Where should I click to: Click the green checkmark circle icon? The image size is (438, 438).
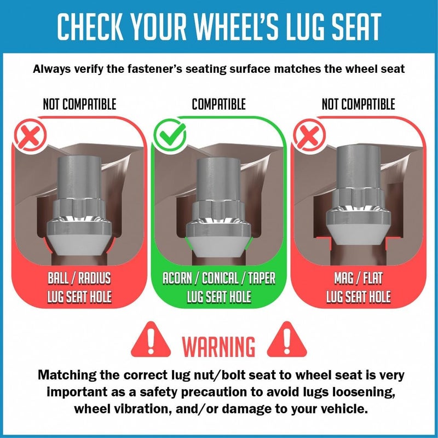click(x=170, y=135)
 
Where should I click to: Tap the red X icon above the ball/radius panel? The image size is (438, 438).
click(x=30, y=135)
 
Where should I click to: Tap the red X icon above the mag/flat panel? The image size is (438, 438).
click(x=309, y=135)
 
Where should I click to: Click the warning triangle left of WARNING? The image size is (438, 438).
click(x=151, y=340)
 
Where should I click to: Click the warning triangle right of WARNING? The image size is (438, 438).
click(x=286, y=340)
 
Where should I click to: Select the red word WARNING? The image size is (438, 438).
click(x=218, y=347)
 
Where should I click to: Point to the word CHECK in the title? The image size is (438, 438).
click(x=90, y=26)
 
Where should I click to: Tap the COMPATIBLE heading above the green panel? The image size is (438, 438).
click(x=218, y=104)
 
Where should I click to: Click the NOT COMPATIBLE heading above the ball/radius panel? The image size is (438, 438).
click(x=79, y=104)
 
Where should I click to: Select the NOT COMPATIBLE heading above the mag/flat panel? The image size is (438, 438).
click(x=359, y=104)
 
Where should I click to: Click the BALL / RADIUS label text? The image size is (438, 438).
click(x=79, y=278)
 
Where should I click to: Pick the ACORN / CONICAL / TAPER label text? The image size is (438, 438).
click(x=219, y=278)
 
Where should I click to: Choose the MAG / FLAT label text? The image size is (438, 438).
click(x=359, y=278)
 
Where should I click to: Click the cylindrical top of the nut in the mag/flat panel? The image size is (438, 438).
click(x=359, y=167)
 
